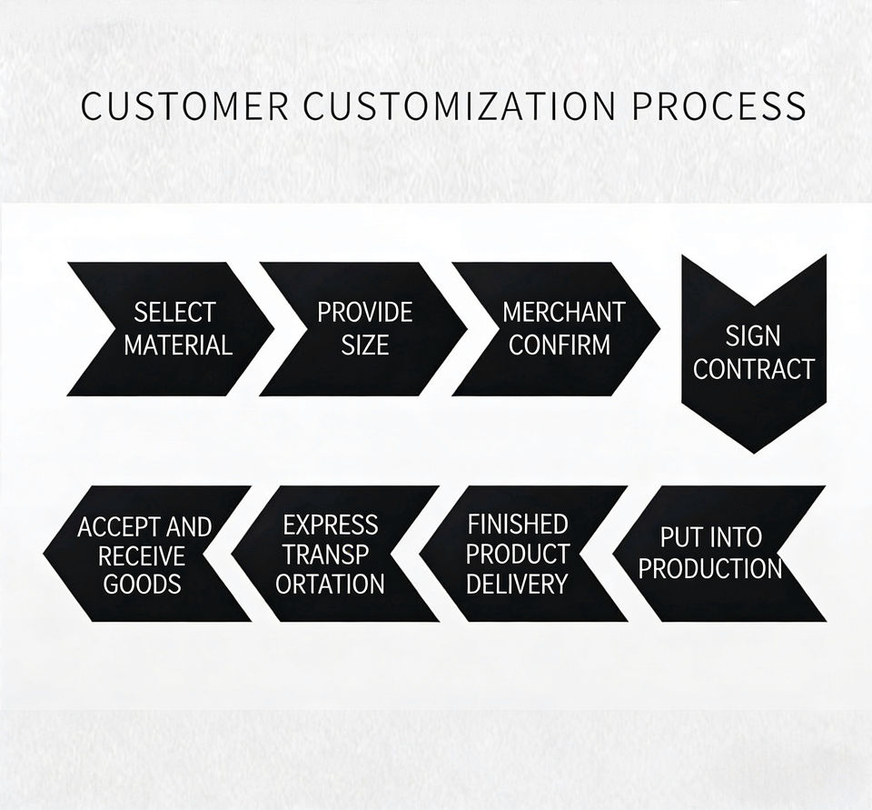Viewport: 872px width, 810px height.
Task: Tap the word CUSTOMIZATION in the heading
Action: click(x=460, y=106)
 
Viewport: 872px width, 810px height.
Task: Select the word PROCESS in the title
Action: click(x=719, y=106)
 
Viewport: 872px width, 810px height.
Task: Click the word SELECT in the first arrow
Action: click(x=174, y=313)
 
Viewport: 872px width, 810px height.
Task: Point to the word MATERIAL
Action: click(x=178, y=345)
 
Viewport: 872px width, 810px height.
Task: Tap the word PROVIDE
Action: click(x=364, y=313)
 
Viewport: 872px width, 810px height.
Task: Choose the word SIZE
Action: click(x=364, y=345)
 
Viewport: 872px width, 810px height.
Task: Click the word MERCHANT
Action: click(x=563, y=313)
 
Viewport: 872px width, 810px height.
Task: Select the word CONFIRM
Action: click(x=560, y=345)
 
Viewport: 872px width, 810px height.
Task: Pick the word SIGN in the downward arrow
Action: click(x=752, y=336)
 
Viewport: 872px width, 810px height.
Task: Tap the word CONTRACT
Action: click(x=754, y=369)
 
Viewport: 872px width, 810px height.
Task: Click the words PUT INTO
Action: click(x=710, y=537)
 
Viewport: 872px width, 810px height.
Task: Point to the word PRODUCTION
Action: click(x=709, y=569)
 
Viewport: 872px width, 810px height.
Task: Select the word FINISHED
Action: click(x=518, y=525)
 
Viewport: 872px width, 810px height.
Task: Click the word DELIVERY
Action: click(x=517, y=584)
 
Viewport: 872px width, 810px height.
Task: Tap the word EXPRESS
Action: click(x=331, y=525)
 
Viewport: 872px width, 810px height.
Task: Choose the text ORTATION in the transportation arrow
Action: click(x=331, y=584)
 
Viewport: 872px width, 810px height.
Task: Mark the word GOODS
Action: click(x=143, y=584)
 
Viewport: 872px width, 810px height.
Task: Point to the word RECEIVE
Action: click(x=142, y=555)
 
